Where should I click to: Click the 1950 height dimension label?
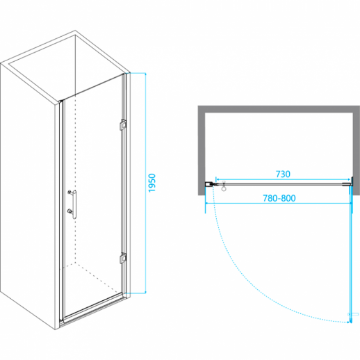152,183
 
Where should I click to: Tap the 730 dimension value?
283,174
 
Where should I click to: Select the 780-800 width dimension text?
279,198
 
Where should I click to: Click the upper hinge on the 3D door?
123,124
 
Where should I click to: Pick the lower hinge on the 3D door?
123,258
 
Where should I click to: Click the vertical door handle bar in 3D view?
74,204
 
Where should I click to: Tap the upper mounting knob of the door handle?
69,192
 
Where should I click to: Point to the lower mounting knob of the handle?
69,211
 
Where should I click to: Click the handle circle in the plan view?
224,188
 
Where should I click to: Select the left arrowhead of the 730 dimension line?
217,179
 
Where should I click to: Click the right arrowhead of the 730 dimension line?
348,179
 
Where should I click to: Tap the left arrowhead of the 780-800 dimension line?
207,204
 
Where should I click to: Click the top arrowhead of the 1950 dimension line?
145,74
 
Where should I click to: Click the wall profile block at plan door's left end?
208,184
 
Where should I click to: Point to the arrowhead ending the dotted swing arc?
348,322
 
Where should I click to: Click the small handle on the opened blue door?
353,314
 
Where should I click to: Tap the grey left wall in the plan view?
202,151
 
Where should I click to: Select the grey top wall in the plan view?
279,109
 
